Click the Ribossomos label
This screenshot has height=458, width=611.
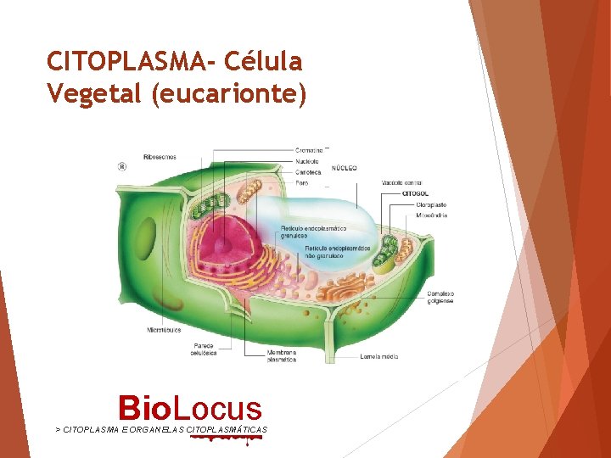point(160,157)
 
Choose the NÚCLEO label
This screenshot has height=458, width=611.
point(344,168)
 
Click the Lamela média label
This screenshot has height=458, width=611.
point(379,357)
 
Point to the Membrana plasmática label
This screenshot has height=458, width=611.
point(282,355)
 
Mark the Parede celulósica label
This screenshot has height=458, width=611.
point(205,349)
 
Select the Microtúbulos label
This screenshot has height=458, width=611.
point(163,329)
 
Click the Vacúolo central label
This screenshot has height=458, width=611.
point(402,182)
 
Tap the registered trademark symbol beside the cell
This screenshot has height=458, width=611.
point(121,167)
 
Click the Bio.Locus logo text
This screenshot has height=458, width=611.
point(190,408)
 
